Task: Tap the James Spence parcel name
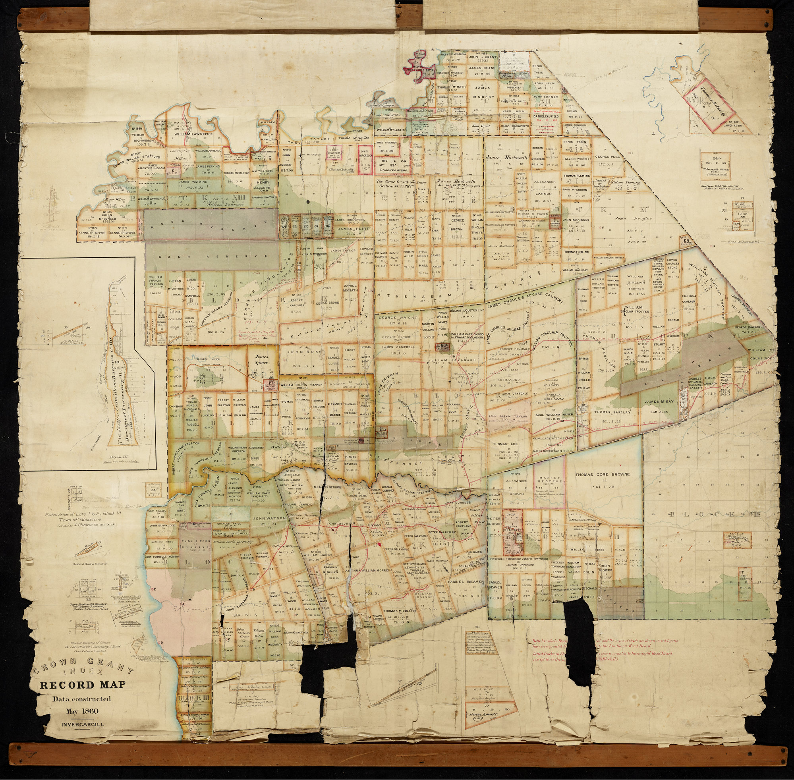click(261, 360)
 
